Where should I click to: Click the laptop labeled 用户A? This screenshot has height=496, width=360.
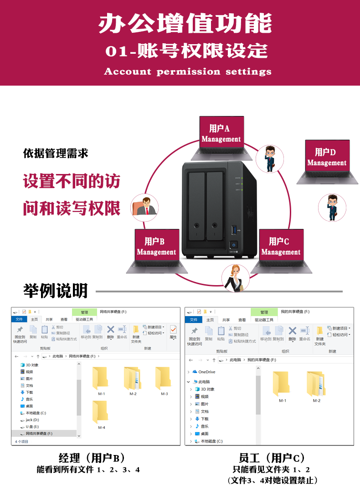tap(221, 137)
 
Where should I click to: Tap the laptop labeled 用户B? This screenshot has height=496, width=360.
tap(156, 250)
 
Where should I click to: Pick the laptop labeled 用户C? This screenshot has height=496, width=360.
tap(281, 250)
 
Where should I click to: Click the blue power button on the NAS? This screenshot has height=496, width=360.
tap(234, 244)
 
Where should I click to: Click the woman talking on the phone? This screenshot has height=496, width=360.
tap(236, 278)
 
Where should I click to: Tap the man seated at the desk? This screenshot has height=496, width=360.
tap(145, 207)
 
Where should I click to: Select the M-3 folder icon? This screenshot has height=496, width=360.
tap(164, 379)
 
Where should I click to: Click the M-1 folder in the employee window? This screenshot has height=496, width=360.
tap(282, 385)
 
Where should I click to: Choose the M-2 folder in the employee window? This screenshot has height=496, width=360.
tap(316, 385)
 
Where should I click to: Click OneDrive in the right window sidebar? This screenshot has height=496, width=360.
tap(206, 372)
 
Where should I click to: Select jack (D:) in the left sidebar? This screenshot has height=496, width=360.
tap(32, 420)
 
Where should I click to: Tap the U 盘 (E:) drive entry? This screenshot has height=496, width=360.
tap(32, 427)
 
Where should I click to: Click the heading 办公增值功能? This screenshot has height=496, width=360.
tap(185, 24)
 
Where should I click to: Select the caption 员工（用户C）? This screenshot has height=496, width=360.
tap(272, 458)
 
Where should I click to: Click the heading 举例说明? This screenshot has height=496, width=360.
tap(55, 290)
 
